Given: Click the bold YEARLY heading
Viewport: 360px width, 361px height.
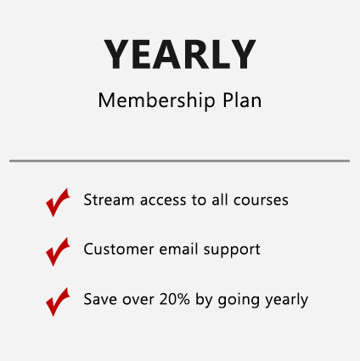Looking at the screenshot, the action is point(180,54).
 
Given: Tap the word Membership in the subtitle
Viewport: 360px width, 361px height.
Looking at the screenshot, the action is point(157,100).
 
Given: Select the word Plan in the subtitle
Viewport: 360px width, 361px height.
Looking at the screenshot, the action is point(242,100).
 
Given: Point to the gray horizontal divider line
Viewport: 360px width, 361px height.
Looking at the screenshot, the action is point(179,161).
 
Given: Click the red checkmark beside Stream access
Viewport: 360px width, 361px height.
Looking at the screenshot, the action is point(58,202).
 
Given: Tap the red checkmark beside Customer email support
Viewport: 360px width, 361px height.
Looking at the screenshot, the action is point(58,251).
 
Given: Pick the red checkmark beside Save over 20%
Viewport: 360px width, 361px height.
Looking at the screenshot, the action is point(58,302).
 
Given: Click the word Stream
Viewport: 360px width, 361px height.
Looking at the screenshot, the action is point(109,200).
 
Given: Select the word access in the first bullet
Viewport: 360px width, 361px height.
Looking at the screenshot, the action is point(163,200).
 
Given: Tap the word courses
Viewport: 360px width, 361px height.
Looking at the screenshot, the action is point(261,200).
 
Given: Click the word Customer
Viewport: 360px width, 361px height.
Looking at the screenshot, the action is point(119,249).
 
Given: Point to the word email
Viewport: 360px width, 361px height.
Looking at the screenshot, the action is point(178,249).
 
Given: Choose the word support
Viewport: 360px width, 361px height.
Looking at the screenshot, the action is point(232,251).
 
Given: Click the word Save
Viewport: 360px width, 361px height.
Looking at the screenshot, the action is point(100,299).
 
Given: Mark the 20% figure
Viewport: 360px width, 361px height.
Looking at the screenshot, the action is point(175,299).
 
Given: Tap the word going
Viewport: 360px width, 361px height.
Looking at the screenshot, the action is point(239,301).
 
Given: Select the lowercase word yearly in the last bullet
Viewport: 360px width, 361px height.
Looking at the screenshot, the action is point(286,300).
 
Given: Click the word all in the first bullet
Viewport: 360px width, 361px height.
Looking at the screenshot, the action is point(220,200).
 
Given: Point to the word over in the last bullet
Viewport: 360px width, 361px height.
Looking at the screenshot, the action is point(138,301).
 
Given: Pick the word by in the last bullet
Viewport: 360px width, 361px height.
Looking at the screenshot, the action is point(204,300).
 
